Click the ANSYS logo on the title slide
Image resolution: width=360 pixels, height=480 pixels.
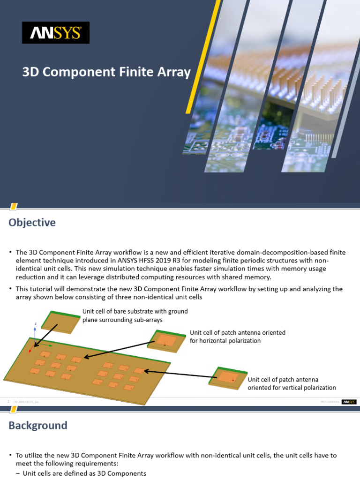[55, 33]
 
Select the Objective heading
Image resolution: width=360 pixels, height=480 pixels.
[32, 222]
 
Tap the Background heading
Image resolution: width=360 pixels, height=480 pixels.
[37, 425]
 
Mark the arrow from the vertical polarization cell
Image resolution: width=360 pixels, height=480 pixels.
[178, 374]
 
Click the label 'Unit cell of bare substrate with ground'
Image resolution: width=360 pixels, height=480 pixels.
[135, 311]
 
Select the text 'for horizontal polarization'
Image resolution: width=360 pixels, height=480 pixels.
[225, 341]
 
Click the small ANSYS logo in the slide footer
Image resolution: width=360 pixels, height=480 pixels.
[349, 402]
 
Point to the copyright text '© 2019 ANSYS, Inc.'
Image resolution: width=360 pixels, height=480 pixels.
[27, 402]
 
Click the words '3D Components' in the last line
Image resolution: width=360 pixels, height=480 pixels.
[123, 473]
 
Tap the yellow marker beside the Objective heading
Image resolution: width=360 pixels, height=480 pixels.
[14, 206]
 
